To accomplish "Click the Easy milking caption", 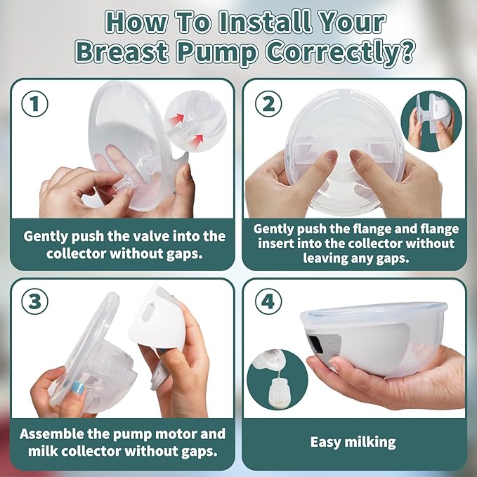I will tap(353, 442).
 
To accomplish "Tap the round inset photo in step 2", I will tap(430, 121).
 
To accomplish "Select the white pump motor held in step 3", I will tap(165, 320).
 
